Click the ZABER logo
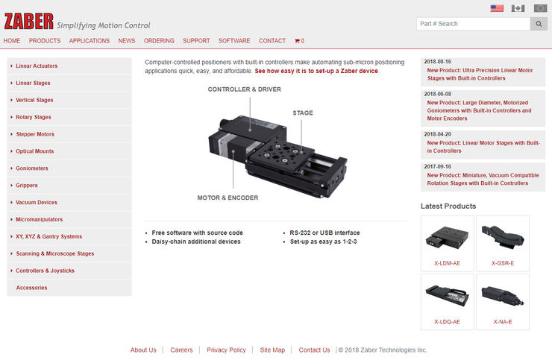29,22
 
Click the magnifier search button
539,24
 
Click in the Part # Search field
473,24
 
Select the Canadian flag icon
518,8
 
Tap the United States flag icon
497,8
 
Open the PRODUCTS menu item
45,41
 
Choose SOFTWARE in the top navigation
234,41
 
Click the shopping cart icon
297,41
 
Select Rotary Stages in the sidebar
34,117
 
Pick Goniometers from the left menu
32,168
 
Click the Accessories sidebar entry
31,288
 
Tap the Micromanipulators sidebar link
40,219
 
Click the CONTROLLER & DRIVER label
245,89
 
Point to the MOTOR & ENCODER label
228,198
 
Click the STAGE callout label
303,113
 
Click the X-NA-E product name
503,322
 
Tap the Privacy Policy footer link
226,350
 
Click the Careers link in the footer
182,350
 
